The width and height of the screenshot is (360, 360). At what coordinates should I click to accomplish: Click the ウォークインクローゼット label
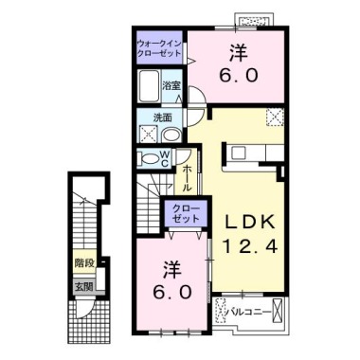[159, 48]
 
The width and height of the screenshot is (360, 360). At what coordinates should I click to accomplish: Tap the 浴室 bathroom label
[171, 85]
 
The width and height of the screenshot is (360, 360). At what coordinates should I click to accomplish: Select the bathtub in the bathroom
[149, 85]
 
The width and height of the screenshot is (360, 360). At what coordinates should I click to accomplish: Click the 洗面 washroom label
[163, 117]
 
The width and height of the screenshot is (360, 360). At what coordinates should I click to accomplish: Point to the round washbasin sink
[171, 136]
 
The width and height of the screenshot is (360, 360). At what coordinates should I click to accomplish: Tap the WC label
[165, 158]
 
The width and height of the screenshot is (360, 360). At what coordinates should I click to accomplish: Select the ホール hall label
[187, 177]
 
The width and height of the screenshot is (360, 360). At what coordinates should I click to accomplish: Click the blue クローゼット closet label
[186, 213]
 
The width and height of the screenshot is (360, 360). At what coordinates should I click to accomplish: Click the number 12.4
[250, 247]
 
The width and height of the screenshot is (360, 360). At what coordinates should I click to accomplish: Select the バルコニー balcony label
[250, 313]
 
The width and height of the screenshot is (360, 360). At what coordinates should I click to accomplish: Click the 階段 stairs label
[84, 262]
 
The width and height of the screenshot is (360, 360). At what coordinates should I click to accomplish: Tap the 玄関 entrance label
[83, 287]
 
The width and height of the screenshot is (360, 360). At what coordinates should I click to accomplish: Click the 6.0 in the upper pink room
[240, 76]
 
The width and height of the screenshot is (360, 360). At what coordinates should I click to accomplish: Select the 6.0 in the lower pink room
[172, 292]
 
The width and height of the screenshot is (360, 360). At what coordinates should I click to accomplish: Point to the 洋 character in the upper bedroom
[238, 53]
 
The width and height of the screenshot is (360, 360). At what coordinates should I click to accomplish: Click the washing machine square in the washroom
[149, 134]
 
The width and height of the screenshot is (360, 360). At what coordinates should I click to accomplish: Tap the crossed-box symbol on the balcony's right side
[278, 310]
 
